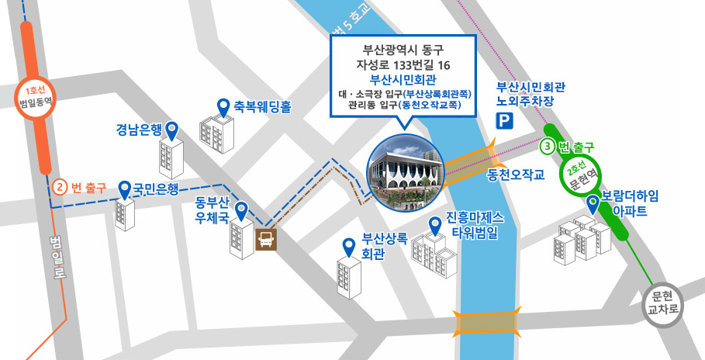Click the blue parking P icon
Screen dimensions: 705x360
point(505,120)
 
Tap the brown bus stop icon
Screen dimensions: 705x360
point(265,238)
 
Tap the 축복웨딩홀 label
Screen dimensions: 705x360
point(262,107)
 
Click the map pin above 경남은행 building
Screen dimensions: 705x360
point(172,130)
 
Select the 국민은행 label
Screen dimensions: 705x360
point(156,188)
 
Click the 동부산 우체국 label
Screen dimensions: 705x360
point(212,211)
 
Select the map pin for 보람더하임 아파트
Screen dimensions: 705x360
point(593,204)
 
